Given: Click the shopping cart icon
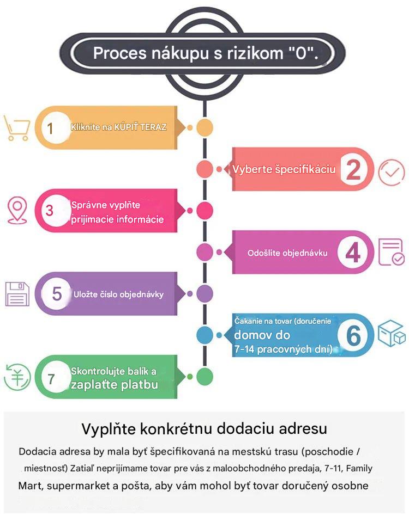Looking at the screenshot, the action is click(x=16, y=128).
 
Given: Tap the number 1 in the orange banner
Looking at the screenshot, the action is click(x=50, y=128).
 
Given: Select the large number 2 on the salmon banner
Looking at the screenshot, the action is click(x=353, y=169).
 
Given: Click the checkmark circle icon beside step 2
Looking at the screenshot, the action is click(x=391, y=173).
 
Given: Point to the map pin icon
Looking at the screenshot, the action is click(x=17, y=211).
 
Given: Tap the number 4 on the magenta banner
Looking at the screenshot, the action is click(x=353, y=253).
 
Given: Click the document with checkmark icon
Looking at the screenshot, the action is click(x=392, y=252).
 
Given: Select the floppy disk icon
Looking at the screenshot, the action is click(x=17, y=294).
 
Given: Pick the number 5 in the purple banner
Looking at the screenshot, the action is click(x=57, y=293).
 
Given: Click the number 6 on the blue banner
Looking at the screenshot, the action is click(x=353, y=336).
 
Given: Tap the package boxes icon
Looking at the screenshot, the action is click(x=392, y=333).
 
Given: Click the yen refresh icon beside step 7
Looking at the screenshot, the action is click(x=17, y=377).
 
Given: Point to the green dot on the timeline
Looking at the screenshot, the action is click(x=204, y=377).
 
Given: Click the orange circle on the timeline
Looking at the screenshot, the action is click(x=204, y=128).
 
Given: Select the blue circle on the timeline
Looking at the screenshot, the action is click(x=204, y=335).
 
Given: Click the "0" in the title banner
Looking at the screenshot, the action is click(x=301, y=53).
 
